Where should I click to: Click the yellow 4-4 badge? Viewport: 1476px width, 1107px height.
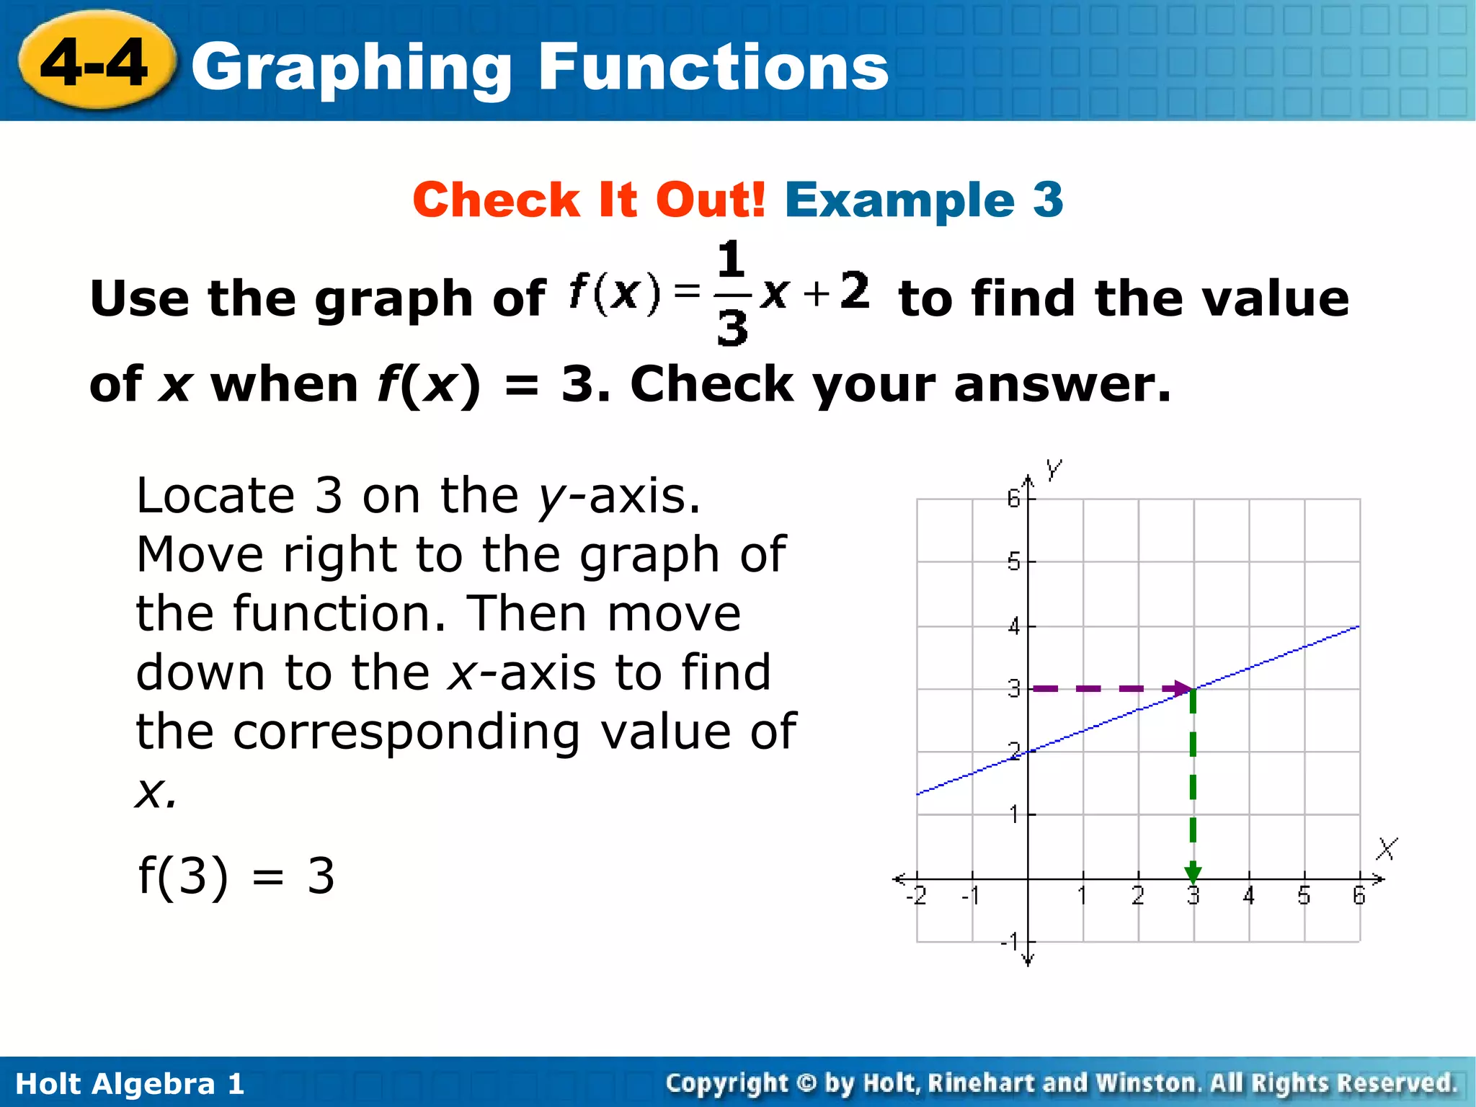click(96, 63)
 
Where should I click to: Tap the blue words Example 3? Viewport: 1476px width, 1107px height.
click(924, 200)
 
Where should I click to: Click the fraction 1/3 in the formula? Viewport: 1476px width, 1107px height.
click(732, 293)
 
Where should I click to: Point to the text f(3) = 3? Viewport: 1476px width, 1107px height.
click(236, 876)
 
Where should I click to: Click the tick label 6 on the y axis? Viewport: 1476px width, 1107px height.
click(1013, 498)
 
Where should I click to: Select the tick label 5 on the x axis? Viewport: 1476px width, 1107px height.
click(1304, 896)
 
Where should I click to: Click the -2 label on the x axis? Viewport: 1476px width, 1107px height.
click(916, 896)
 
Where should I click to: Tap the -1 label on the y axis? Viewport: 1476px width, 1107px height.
click(1010, 941)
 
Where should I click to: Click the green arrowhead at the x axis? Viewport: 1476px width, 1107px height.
click(1193, 873)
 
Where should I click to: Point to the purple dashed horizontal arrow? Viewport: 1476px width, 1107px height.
click(1110, 689)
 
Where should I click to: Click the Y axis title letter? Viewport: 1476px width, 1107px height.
click(1054, 470)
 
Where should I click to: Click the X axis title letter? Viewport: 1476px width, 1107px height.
click(1387, 848)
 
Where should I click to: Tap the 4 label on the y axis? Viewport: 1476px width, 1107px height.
click(1014, 626)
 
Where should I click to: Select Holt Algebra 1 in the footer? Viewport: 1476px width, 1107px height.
click(130, 1084)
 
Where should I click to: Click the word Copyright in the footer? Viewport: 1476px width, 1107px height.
click(726, 1083)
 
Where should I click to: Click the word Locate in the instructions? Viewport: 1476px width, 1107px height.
click(215, 496)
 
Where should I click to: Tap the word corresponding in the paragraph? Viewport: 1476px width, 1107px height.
click(406, 732)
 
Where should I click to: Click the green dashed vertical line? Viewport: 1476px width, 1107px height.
click(1193, 778)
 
